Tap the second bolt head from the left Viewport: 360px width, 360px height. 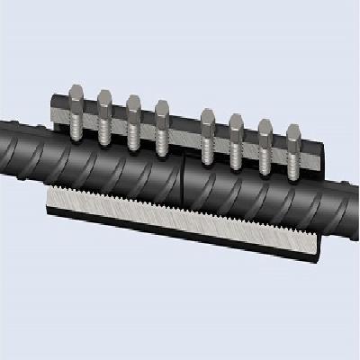103,100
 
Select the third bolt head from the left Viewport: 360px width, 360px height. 133,103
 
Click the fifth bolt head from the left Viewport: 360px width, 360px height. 208,116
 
